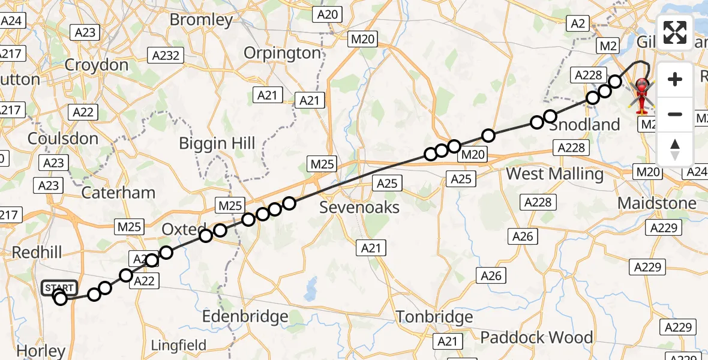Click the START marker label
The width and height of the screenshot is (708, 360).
[59, 288]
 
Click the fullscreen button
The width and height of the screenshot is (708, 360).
[675, 32]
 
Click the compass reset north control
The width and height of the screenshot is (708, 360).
[675, 149]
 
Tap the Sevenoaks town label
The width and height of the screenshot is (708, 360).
[359, 208]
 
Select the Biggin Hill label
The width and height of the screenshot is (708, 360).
[218, 143]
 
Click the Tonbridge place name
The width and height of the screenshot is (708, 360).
[434, 317]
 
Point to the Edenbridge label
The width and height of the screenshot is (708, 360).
[245, 316]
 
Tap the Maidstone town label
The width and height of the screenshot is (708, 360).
[657, 203]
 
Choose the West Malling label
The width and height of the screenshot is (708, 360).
[555, 174]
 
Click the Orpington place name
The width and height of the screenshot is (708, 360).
[282, 53]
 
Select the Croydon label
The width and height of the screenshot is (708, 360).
[97, 65]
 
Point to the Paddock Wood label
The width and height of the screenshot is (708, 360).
[536, 337]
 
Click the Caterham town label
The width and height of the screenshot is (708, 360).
[118, 193]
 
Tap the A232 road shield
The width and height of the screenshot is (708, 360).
[166, 55]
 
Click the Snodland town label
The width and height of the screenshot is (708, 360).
[584, 125]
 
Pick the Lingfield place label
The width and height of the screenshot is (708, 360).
[179, 346]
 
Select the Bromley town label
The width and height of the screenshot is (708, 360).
[201, 20]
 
